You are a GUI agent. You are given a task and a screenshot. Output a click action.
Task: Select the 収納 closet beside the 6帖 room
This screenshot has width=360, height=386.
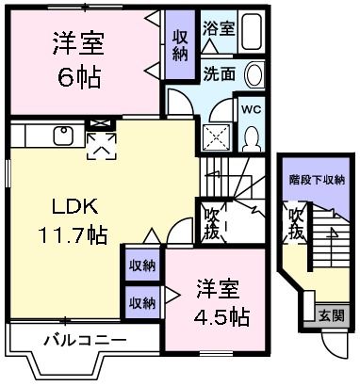click(x=180, y=43)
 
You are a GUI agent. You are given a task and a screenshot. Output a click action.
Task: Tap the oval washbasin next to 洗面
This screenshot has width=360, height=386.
click(x=254, y=75)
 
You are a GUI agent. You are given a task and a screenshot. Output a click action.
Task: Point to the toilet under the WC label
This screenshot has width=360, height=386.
click(x=252, y=139)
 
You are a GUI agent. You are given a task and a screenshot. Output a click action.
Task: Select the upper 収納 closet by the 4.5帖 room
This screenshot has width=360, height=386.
click(x=143, y=266)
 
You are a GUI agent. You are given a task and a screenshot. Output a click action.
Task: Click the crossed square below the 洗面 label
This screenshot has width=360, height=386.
click(x=217, y=137)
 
